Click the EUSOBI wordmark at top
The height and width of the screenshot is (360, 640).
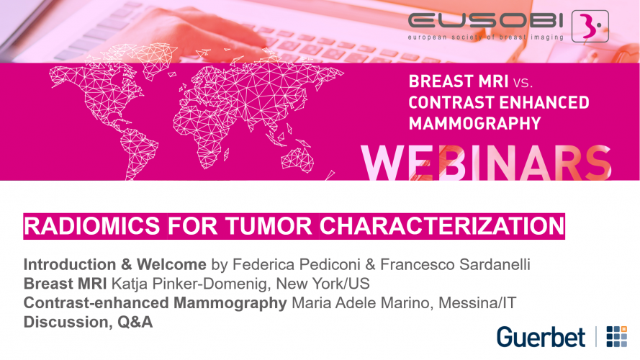485,20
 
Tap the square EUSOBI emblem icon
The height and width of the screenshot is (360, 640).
590,26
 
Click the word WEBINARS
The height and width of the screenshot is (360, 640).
486,163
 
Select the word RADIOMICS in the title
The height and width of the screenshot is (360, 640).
92,226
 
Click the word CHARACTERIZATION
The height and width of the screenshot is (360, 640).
442,226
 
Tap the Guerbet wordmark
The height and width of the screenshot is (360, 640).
541,337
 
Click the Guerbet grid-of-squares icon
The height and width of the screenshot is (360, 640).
617,336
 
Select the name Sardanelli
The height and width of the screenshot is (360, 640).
495,264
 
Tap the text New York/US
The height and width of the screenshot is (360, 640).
323,284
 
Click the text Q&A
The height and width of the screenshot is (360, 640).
135,322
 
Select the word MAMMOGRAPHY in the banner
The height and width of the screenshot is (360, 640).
474,123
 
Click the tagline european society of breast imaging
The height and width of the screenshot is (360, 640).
486,37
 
